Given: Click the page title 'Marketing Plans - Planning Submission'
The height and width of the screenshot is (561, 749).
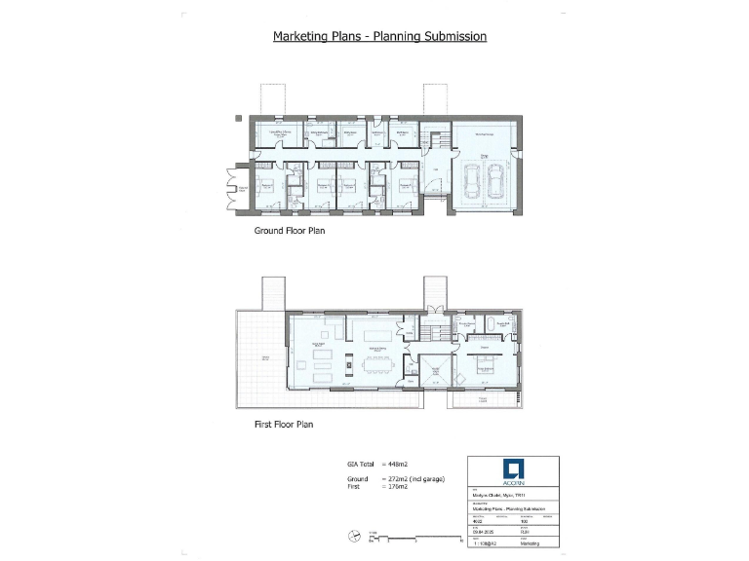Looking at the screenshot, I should pyautogui.click(x=379, y=37).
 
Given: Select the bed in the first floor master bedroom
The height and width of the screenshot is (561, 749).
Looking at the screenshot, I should pyautogui.click(x=486, y=369).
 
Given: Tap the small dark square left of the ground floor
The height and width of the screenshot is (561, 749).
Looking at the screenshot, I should pyautogui.click(x=239, y=119).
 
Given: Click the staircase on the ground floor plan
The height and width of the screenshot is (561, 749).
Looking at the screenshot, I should pyautogui.click(x=437, y=137).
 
